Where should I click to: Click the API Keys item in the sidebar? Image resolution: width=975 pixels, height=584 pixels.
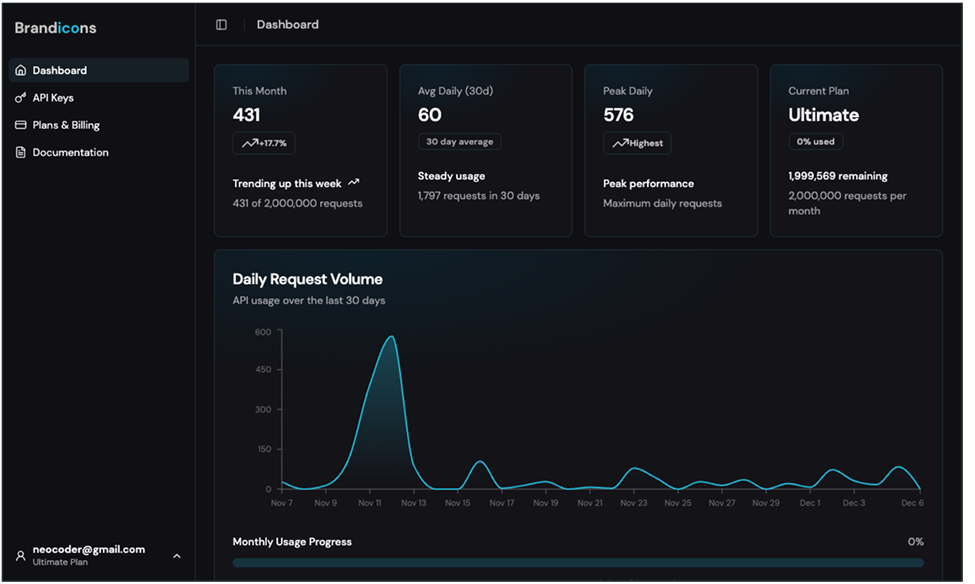[x=52, y=98]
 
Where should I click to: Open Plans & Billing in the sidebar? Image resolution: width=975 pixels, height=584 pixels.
[x=65, y=124]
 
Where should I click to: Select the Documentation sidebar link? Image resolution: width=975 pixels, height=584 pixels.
[x=70, y=152]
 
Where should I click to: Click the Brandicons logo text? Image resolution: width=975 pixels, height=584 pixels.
[x=55, y=28]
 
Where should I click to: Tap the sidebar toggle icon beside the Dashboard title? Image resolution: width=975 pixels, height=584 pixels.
[x=221, y=25]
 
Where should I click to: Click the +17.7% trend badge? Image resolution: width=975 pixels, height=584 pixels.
[x=264, y=143]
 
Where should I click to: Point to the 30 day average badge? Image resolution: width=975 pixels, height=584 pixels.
[x=459, y=141]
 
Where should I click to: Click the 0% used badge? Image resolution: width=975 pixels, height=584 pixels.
[x=815, y=141]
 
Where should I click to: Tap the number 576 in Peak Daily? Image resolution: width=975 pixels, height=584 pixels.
[x=618, y=115]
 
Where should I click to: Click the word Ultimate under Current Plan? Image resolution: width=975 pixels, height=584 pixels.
[x=823, y=115]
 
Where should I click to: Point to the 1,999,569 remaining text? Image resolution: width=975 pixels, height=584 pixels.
[x=838, y=176]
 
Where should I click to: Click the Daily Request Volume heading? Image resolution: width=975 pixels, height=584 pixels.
[x=307, y=279]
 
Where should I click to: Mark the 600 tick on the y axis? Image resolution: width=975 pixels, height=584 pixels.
[x=263, y=332]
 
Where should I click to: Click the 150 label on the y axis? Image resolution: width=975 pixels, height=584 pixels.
[x=263, y=450]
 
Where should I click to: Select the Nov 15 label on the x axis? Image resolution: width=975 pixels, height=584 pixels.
[x=458, y=503]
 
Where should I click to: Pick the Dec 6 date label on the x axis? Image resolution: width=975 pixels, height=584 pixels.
[x=912, y=503]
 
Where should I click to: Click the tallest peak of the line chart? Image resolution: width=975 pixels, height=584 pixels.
[x=392, y=337]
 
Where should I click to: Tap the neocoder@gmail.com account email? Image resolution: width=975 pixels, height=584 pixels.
[x=88, y=549]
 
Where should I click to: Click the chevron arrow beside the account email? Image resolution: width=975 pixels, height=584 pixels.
[x=177, y=556]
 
